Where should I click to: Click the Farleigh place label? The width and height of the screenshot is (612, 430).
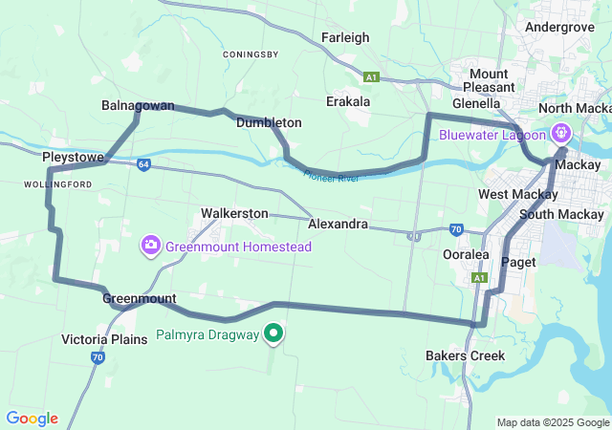point(345,38)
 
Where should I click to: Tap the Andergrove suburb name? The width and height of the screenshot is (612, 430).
point(559,28)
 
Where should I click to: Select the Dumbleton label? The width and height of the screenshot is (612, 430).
point(269,123)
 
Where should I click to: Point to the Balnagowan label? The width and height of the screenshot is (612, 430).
point(138,105)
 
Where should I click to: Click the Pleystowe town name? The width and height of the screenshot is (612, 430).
point(73,155)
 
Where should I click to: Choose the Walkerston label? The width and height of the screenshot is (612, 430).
point(234,213)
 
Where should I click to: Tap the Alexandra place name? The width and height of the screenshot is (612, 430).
point(338,224)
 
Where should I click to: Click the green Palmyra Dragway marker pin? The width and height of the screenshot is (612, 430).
point(273,333)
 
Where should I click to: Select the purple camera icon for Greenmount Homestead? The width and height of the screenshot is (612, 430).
point(150,247)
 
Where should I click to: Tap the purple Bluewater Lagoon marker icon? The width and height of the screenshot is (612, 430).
point(560,134)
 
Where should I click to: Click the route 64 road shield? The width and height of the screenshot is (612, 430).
point(142,163)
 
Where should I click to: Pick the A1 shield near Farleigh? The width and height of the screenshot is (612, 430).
point(371,76)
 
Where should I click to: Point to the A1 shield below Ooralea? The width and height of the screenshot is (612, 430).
point(480,278)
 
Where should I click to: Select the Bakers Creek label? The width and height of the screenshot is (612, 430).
point(465,355)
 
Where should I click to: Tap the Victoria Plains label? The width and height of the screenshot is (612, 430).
point(103,339)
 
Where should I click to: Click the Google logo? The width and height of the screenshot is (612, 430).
point(32,419)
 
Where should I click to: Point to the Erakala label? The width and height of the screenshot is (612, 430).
point(348,100)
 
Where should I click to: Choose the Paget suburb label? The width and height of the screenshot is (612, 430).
point(518,262)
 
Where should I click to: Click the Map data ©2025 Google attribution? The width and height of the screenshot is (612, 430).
point(553,422)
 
